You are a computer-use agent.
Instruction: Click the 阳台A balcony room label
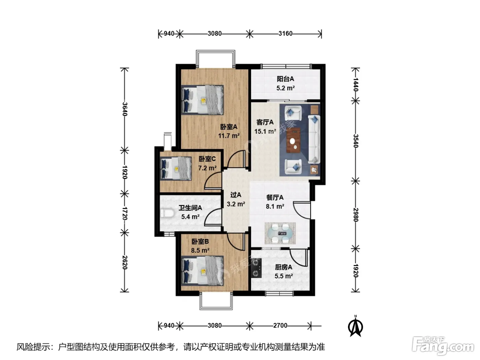click(285, 79)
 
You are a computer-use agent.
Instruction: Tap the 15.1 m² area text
click(265, 132)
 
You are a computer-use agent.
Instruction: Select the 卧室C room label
click(207, 159)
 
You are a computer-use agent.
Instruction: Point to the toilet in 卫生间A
click(167, 214)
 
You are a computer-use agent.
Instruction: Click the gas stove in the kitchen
click(256, 268)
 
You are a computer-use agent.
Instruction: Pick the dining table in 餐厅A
click(280, 233)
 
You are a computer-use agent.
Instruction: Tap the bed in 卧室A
click(203, 100)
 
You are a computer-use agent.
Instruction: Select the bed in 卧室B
click(203, 271)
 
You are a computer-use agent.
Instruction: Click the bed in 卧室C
click(176, 168)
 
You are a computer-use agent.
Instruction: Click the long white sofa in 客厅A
click(314, 139)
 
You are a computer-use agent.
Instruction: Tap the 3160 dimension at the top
click(285, 34)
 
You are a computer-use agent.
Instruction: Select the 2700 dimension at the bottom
click(280, 326)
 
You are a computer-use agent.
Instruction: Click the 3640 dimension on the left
click(125, 109)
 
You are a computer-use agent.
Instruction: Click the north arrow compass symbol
click(356, 326)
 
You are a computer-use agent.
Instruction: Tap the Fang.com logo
click(443, 346)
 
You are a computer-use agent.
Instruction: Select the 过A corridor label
click(236, 195)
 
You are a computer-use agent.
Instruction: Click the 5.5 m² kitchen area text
click(284, 276)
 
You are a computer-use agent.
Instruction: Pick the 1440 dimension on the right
click(356, 85)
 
